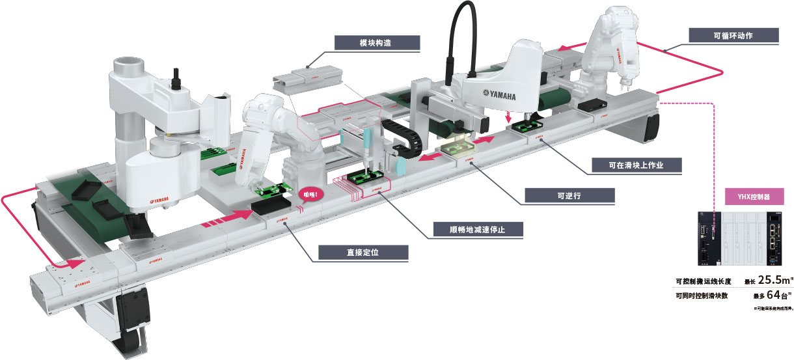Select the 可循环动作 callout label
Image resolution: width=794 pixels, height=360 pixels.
point(733,35)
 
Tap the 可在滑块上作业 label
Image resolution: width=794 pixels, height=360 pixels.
point(637,165)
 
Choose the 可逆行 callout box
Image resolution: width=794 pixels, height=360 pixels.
point(569,195)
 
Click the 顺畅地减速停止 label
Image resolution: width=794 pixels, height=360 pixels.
point(478,230)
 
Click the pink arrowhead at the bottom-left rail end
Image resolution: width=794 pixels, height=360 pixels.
point(77,264)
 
